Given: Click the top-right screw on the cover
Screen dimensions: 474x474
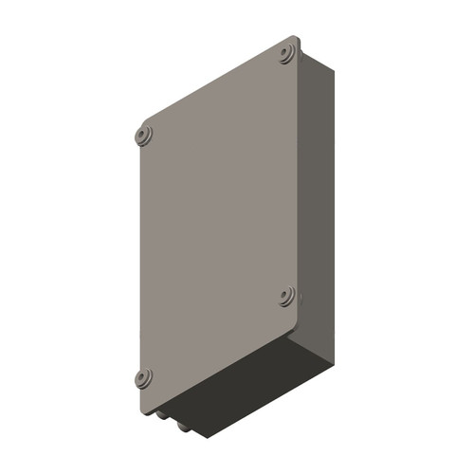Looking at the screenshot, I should [x=287, y=54].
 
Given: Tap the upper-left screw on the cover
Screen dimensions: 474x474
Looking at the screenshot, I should [x=143, y=134].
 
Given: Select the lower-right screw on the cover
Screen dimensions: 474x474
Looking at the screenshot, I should [x=287, y=298].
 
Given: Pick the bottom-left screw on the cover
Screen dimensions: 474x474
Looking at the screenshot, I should [x=143, y=378].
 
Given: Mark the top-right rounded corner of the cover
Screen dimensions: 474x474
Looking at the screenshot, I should [x=297, y=39].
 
